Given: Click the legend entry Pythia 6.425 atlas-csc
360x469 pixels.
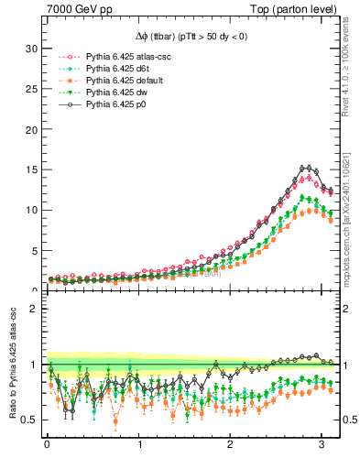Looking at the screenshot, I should point(129,58).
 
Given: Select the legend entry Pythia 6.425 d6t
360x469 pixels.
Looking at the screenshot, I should point(120,70).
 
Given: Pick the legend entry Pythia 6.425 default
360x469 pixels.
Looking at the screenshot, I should point(125,82).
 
